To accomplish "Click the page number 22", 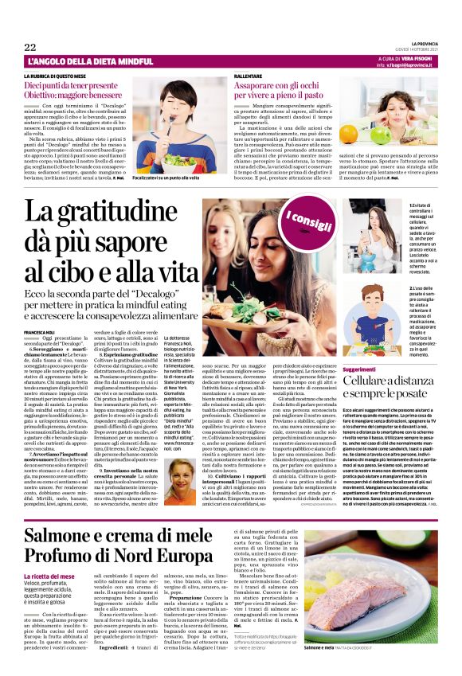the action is click(x=31, y=47).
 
